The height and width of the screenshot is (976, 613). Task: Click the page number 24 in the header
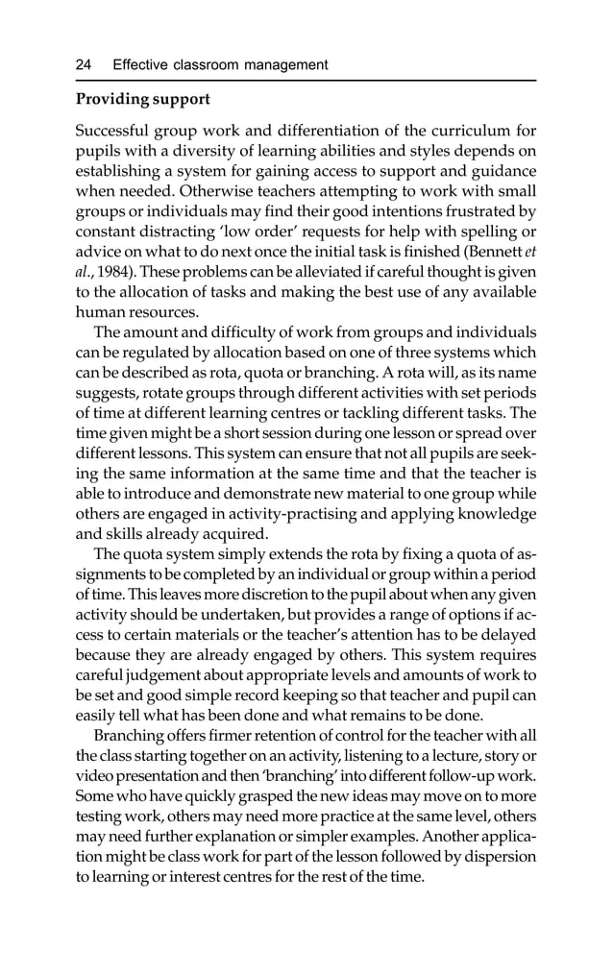(84, 65)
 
